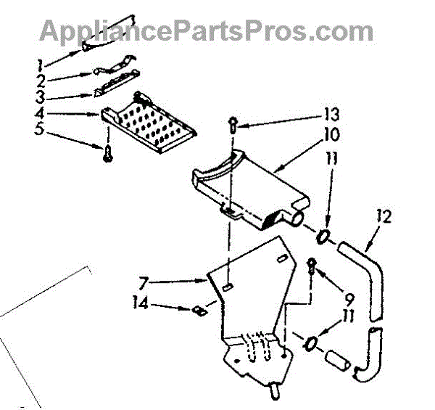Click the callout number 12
(385, 216)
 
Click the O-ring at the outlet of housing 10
(326, 236)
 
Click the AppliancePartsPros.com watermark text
(207, 30)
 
